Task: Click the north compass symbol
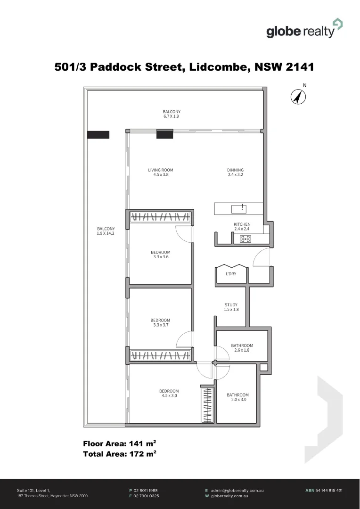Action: [298, 97]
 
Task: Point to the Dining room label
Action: [236, 172]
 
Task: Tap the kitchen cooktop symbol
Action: [245, 239]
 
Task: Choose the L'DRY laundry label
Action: [231, 274]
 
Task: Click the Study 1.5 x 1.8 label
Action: [231, 307]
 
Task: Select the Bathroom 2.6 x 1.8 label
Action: [242, 348]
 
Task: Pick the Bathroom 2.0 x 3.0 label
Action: [237, 397]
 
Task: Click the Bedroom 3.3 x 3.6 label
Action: [161, 254]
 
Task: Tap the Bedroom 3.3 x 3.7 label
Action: [161, 323]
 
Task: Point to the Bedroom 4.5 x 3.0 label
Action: [169, 394]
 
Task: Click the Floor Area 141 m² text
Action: [120, 443]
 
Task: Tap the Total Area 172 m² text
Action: [120, 454]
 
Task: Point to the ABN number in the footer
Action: [324, 491]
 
